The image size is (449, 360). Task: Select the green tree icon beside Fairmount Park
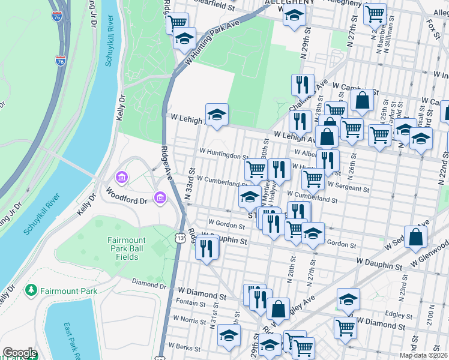(x=31, y=290)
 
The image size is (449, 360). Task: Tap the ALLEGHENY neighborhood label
(x=290, y=3)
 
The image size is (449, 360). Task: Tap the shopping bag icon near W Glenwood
(x=415, y=237)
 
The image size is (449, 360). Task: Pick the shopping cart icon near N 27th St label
(x=375, y=13)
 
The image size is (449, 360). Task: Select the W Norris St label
(x=188, y=321)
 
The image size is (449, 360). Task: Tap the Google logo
(x=19, y=353)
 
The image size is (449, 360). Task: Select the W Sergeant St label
(x=346, y=188)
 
